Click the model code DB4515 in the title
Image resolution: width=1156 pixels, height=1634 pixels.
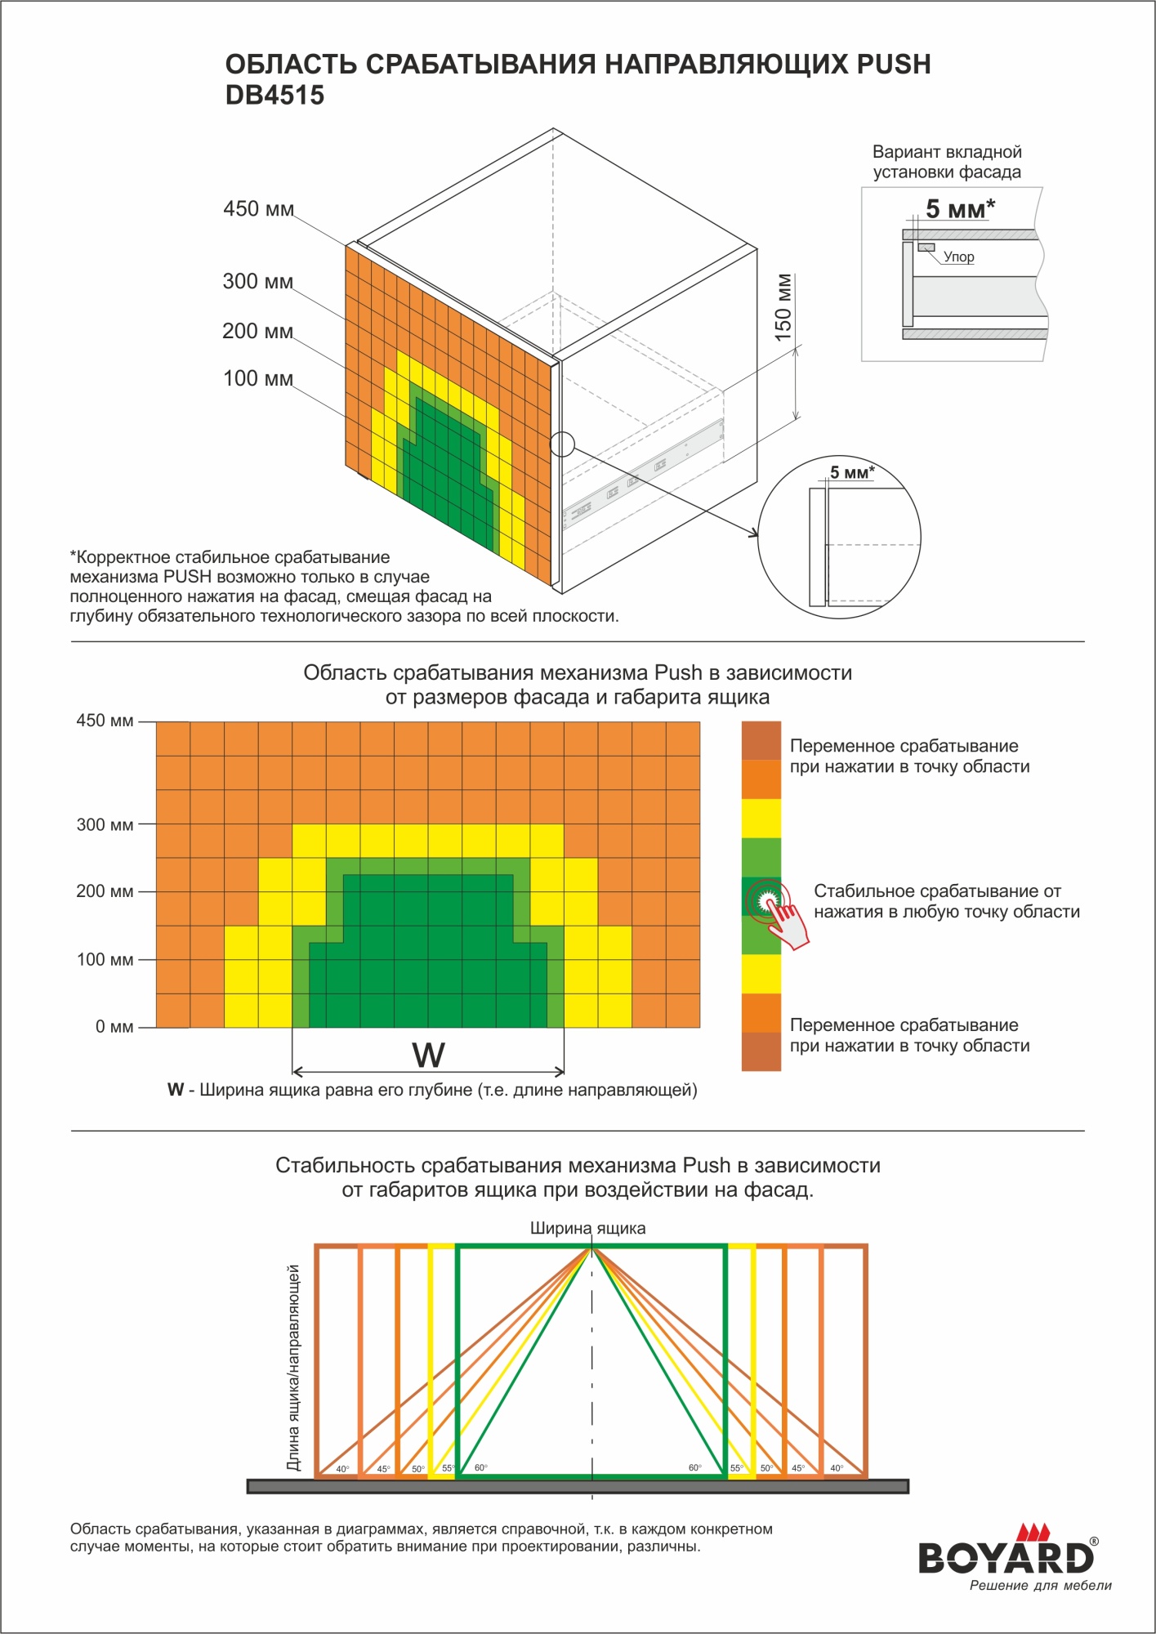click(274, 96)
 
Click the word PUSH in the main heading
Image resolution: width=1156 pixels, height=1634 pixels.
click(893, 64)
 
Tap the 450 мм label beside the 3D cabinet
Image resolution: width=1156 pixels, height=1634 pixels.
click(258, 209)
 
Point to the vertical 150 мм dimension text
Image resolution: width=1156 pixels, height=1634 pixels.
click(783, 307)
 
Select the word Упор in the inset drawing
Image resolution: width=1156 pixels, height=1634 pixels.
click(958, 257)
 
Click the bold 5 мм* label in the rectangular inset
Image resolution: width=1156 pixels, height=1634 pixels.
click(960, 209)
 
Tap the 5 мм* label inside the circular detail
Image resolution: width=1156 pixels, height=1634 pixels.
click(852, 472)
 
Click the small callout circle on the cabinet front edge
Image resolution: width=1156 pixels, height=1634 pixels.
click(562, 444)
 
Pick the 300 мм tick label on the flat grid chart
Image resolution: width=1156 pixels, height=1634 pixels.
click(105, 824)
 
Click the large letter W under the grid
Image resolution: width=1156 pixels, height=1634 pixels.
click(428, 1055)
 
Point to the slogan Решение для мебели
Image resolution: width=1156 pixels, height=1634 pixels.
click(1040, 1586)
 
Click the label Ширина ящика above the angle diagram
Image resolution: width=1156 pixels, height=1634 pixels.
click(587, 1228)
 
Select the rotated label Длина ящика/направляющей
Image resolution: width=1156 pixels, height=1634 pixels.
click(293, 1368)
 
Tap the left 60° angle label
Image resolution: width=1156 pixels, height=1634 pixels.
click(481, 1468)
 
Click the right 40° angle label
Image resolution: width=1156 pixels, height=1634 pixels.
click(837, 1468)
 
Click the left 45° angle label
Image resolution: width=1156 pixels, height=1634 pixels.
click(383, 1469)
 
